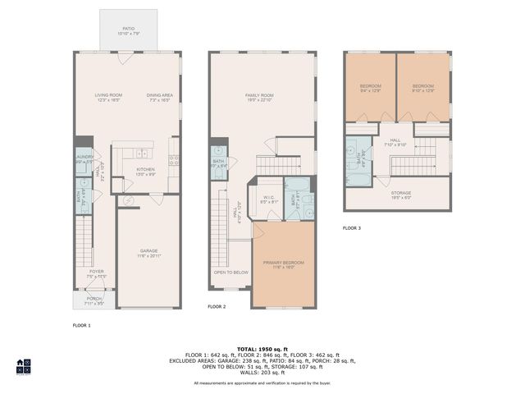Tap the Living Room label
pos(108,98)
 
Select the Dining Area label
pos(159,98)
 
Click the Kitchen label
pos(145,172)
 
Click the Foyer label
pos(97,273)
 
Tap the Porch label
pos(94,300)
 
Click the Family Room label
pos(259,98)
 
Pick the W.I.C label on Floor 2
pos(268,198)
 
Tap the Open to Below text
pos(231,272)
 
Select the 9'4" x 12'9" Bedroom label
pos(370,88)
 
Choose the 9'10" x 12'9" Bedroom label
pos(422,88)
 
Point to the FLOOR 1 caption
pos(82,326)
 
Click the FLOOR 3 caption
pos(352,227)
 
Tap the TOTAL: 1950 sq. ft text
pos(262,348)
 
